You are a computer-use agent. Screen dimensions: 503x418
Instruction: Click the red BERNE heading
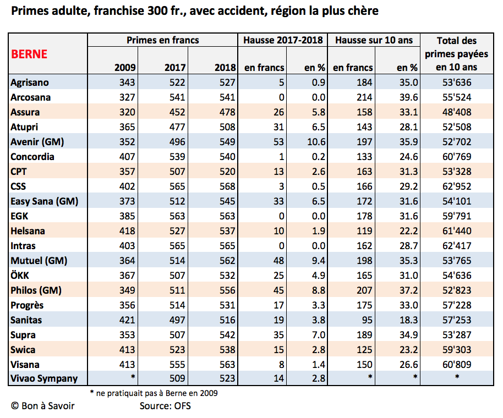tap(29, 54)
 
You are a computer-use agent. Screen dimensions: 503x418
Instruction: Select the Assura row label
tap(25, 112)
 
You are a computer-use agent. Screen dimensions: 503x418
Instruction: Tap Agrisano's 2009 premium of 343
tap(127, 82)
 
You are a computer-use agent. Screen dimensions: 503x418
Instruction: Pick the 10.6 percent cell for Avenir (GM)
tap(316, 142)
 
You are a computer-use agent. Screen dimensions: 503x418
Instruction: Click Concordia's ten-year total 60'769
tap(457, 157)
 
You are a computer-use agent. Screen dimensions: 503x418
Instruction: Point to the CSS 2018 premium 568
tap(227, 186)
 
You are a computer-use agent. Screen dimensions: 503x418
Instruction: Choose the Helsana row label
tap(28, 231)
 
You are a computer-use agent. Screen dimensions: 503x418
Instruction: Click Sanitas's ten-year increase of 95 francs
tap(367, 320)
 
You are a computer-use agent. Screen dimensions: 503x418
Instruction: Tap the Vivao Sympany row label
tap(44, 378)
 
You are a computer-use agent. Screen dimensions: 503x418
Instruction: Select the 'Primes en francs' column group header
tap(163, 40)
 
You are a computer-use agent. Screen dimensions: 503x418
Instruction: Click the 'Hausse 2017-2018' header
tap(283, 40)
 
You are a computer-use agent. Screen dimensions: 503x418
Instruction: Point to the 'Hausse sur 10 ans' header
tap(374, 40)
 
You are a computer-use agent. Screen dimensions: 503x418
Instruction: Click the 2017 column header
tap(175, 68)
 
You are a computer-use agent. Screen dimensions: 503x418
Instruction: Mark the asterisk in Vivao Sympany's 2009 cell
tap(133, 377)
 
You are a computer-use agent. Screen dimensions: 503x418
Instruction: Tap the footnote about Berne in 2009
tap(154, 393)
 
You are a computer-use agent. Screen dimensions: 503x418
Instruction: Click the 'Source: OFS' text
tap(165, 406)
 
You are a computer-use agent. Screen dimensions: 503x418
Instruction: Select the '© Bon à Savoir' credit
tap(43, 406)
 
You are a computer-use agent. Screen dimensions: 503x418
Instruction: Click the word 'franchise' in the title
tap(119, 11)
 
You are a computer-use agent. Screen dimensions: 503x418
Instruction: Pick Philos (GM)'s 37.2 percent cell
tap(409, 290)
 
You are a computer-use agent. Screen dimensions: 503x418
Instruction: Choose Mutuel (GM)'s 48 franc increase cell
tap(279, 261)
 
